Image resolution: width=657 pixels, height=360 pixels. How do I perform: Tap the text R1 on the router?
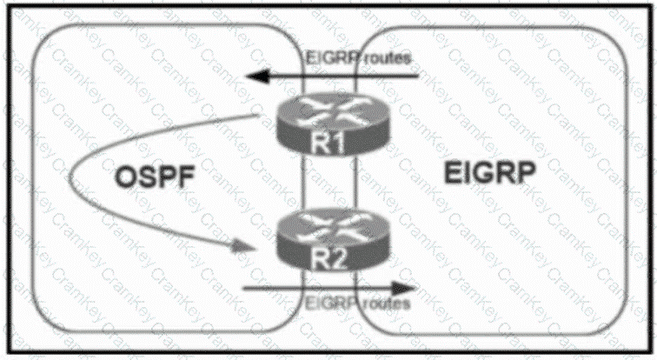click(x=328, y=144)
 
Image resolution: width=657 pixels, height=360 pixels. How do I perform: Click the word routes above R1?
click(x=383, y=59)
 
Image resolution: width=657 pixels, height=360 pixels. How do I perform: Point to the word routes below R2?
click(x=383, y=303)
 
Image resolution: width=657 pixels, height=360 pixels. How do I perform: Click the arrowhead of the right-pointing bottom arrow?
click(x=406, y=286)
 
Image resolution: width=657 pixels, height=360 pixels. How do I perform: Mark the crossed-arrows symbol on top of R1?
click(x=328, y=110)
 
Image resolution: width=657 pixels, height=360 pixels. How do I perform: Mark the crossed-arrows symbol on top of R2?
click(x=328, y=228)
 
